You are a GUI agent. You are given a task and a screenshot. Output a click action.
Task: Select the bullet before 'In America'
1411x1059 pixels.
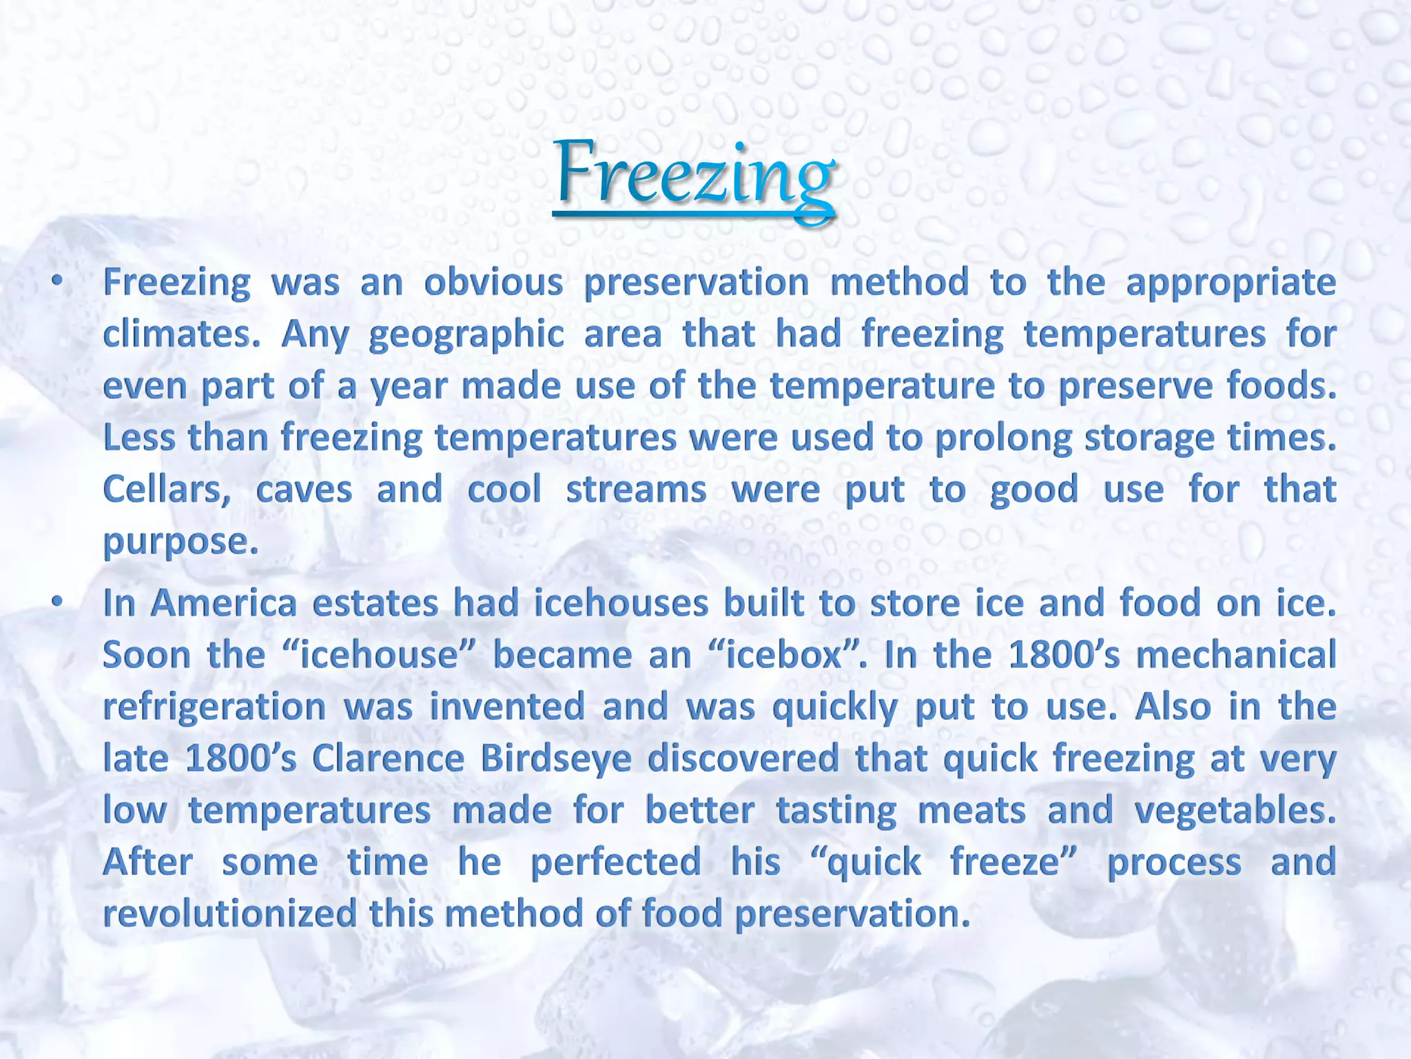tap(58, 602)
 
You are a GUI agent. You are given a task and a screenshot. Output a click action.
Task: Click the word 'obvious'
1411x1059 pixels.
tap(493, 283)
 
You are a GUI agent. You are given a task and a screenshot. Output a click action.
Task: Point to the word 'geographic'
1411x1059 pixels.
tap(466, 335)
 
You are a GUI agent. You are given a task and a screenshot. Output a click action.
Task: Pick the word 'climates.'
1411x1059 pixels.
tap(181, 334)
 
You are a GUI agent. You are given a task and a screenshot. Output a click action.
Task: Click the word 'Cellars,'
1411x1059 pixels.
tap(167, 490)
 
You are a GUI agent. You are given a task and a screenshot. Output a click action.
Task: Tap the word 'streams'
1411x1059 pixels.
tap(636, 490)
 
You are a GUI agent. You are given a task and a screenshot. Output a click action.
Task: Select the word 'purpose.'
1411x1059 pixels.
tap(181, 542)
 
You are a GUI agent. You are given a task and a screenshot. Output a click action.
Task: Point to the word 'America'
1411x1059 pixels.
tap(223, 603)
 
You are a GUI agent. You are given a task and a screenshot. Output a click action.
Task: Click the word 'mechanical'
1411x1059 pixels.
tap(1236, 655)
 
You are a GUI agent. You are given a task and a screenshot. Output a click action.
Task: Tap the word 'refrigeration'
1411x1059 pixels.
tap(214, 707)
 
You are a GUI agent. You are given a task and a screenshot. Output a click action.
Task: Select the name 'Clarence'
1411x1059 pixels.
tap(388, 758)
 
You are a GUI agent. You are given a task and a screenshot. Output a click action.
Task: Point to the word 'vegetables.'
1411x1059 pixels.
tap(1235, 811)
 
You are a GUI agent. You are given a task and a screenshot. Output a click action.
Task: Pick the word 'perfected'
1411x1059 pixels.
tap(616, 863)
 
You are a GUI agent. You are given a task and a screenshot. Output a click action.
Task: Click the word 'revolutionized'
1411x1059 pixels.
tap(229, 914)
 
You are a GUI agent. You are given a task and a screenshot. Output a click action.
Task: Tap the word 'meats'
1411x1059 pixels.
tap(972, 811)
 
